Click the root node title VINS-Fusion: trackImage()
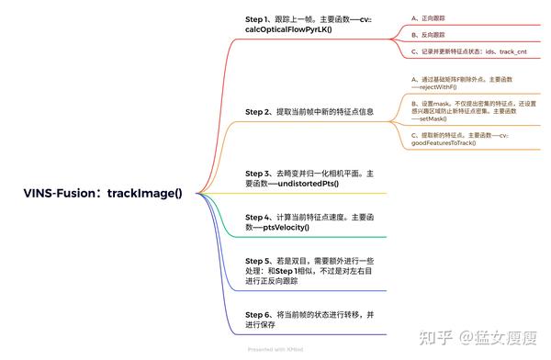103,193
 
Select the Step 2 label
262,112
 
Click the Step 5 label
262,261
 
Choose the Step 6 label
262,314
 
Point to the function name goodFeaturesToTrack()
444,142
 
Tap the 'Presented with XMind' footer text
275,350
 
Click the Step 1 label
262,18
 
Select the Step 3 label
262,173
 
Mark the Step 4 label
262,217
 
